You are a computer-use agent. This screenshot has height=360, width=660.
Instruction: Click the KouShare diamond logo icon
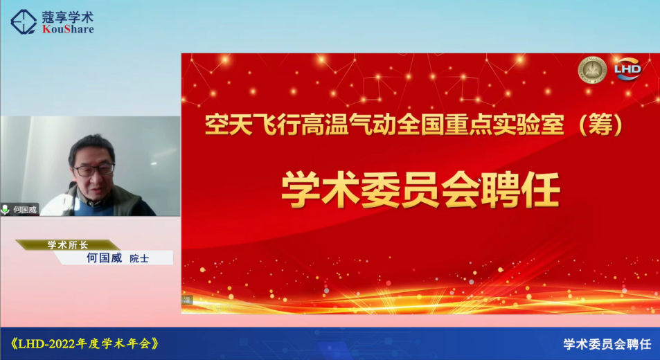tap(24, 21)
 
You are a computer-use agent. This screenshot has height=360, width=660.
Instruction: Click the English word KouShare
tap(68, 30)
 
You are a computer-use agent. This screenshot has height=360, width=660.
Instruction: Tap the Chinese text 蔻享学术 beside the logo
tap(67, 17)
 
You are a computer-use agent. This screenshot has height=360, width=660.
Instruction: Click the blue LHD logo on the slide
tap(627, 69)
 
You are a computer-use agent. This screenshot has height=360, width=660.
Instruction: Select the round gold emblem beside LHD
tap(592, 69)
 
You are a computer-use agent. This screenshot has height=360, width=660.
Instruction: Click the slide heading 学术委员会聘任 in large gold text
tap(420, 190)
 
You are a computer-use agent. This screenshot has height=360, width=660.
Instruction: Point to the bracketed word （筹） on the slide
tap(600, 125)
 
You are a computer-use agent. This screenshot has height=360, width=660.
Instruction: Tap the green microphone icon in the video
tap(6, 209)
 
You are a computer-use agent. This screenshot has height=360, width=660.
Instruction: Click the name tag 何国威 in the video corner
tap(25, 210)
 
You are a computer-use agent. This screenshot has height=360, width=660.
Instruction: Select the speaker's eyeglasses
tap(94, 170)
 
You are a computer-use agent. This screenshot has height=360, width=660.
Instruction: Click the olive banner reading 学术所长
tap(68, 245)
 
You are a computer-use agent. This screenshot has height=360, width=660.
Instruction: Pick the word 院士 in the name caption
tap(139, 258)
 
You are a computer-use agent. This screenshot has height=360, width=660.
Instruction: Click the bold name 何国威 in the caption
tap(105, 258)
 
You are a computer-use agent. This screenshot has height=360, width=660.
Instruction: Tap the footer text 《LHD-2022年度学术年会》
tap(84, 343)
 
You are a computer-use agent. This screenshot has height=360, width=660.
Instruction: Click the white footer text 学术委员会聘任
tap(607, 344)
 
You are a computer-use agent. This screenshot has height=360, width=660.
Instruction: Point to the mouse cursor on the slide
tap(480, 181)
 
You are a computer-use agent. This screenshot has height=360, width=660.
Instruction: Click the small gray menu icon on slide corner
tap(187, 300)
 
